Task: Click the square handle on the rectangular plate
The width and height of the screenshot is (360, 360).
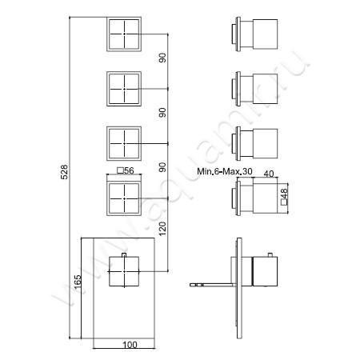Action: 125,273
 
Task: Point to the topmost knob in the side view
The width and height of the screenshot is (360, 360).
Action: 254,36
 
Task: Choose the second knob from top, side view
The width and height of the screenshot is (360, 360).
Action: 254,86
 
